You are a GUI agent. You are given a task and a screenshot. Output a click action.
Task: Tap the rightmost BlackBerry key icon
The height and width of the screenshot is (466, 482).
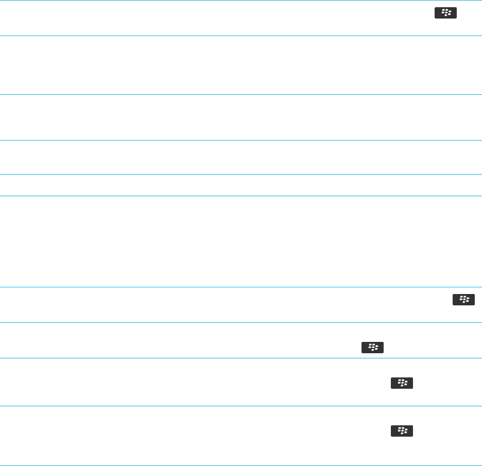(x=463, y=299)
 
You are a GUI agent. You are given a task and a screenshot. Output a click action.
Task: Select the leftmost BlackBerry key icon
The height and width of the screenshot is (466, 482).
(x=372, y=348)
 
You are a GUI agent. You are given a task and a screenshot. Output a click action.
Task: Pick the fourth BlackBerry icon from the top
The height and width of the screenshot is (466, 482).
(x=402, y=383)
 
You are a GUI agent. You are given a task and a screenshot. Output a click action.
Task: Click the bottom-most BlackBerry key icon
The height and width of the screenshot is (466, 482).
(x=402, y=430)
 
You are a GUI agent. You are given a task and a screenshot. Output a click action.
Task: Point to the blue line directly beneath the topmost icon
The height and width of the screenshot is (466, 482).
(x=241, y=36)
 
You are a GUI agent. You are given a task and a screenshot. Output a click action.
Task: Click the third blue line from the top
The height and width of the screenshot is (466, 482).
(x=241, y=94)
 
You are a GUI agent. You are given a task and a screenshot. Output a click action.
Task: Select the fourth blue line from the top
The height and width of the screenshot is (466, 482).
(x=241, y=140)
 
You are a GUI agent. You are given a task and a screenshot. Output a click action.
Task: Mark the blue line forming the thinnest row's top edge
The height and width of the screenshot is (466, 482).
(x=241, y=174)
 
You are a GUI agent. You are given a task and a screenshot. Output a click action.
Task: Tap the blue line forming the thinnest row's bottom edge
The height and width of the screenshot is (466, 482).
(x=241, y=196)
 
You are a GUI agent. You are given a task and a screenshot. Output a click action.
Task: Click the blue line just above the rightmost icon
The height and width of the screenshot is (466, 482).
(x=241, y=287)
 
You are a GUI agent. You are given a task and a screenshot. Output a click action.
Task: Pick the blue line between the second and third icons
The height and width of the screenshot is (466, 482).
(x=241, y=322)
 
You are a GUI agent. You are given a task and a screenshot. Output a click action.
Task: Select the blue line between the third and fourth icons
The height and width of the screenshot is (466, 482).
(x=241, y=358)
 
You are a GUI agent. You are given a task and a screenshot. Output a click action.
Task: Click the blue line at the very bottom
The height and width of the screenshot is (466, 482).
(x=241, y=465)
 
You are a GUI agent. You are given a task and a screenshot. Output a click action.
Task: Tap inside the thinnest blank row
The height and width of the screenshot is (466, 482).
(x=241, y=185)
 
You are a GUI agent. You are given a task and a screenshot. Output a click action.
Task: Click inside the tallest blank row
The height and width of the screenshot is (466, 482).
(x=241, y=241)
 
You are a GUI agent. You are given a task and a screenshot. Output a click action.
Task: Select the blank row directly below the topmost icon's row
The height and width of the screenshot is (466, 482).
(x=241, y=65)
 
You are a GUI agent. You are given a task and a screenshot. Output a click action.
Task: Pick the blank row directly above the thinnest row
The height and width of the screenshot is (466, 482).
(x=241, y=157)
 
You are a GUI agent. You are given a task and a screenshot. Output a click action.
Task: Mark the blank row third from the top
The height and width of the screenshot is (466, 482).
(x=241, y=117)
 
